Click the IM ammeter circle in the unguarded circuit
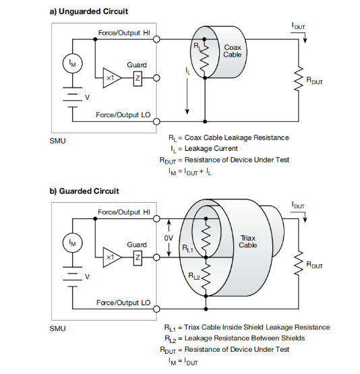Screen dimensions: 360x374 (73, 63)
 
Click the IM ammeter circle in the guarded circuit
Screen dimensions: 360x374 (73, 243)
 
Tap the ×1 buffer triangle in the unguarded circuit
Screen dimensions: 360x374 (112, 78)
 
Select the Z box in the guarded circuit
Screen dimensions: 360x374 (138, 257)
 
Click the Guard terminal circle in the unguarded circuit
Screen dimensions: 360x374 (156, 78)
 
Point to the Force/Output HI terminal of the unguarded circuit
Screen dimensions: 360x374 (156, 39)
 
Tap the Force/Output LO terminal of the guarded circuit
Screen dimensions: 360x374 (156, 309)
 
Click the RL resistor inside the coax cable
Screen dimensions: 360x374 (204, 59)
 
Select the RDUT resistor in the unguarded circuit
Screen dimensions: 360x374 (299, 79)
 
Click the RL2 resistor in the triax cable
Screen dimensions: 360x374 (206, 277)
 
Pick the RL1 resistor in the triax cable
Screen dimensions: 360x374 (206, 238)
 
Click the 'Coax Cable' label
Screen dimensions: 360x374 (233, 51)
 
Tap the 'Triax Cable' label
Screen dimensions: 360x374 (248, 242)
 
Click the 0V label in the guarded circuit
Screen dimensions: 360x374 (169, 238)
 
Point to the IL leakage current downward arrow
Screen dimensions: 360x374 (187, 96)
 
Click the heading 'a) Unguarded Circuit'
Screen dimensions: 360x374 (89, 11)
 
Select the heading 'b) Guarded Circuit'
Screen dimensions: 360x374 (84, 191)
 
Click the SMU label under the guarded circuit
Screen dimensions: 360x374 (57, 329)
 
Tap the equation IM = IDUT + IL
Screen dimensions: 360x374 (190, 172)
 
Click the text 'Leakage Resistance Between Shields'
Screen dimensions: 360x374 (245, 338)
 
